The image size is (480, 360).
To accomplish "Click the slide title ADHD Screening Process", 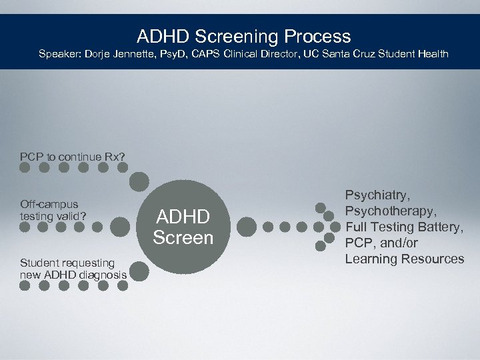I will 243,35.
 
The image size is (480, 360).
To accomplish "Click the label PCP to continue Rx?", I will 72,157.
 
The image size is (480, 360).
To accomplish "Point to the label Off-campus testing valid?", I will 49,210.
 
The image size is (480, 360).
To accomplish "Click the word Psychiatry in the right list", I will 377,195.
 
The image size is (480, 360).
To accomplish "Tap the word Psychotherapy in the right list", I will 391,211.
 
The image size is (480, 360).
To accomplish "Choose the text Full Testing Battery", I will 404,227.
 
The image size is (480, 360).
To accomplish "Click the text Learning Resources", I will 404,259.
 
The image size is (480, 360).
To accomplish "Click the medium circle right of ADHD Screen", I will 246,227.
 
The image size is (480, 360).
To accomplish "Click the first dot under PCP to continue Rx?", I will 25,168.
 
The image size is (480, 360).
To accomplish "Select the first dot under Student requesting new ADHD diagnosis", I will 25,285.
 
